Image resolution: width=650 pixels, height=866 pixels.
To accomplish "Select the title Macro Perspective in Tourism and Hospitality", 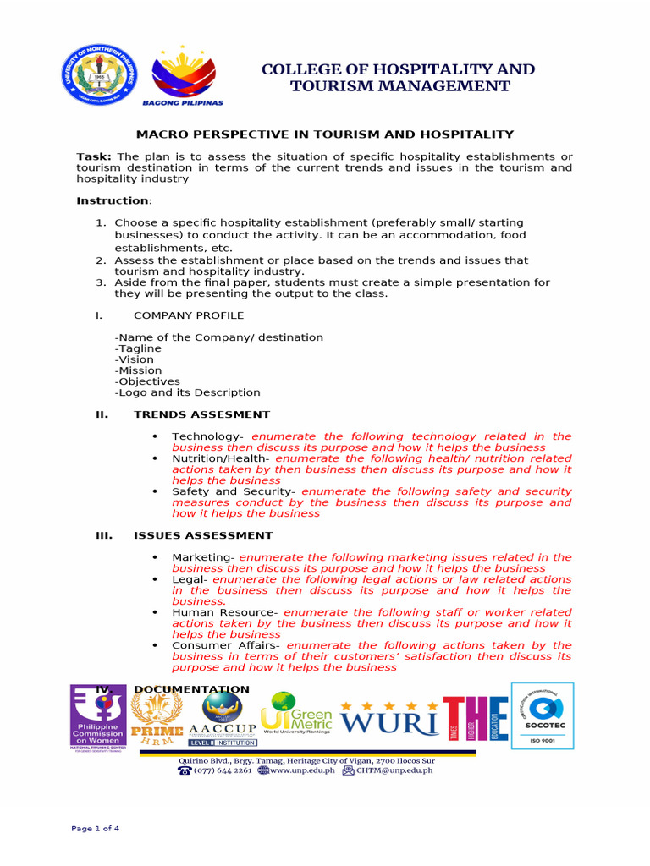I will point(326,134).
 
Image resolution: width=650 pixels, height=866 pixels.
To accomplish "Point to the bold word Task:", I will point(94,157).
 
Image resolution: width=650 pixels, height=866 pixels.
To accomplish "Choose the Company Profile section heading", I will point(188,315).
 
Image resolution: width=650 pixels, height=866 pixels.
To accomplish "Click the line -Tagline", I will point(138,348).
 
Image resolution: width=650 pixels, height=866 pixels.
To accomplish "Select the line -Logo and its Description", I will point(187,392).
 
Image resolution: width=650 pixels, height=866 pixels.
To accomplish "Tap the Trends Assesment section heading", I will point(201,414).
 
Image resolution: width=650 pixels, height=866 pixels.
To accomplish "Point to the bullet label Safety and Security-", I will point(234,491).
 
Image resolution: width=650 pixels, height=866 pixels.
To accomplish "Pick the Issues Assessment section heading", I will point(203,535).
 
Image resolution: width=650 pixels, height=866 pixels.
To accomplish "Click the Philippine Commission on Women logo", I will point(97,716).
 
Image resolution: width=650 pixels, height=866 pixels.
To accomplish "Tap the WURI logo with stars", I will point(390,718).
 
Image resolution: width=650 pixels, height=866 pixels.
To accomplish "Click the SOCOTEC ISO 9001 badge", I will point(543,715).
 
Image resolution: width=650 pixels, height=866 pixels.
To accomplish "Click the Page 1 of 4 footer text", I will point(95,829).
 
